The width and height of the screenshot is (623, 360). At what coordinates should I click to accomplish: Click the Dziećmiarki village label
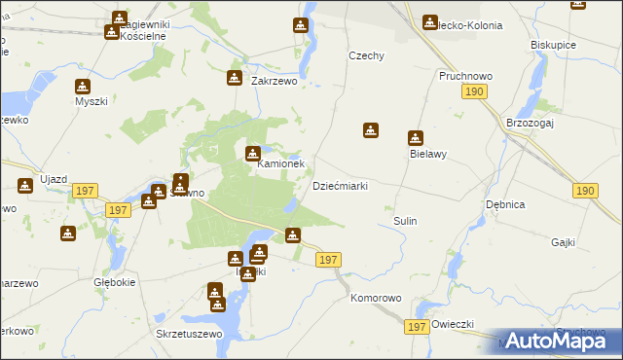(339, 186)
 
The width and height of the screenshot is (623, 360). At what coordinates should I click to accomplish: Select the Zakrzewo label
(274, 83)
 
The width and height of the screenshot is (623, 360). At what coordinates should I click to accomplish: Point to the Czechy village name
(368, 55)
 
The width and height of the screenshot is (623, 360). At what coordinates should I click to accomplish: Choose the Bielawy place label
(427, 154)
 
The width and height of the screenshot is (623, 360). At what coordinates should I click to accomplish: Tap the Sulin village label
(405, 221)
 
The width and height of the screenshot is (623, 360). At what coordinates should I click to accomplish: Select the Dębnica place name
(505, 204)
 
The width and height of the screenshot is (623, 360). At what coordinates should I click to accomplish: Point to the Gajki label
(564, 242)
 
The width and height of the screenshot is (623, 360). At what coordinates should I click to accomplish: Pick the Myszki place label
(91, 100)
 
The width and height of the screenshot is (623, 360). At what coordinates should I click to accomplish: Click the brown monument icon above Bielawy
(416, 138)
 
